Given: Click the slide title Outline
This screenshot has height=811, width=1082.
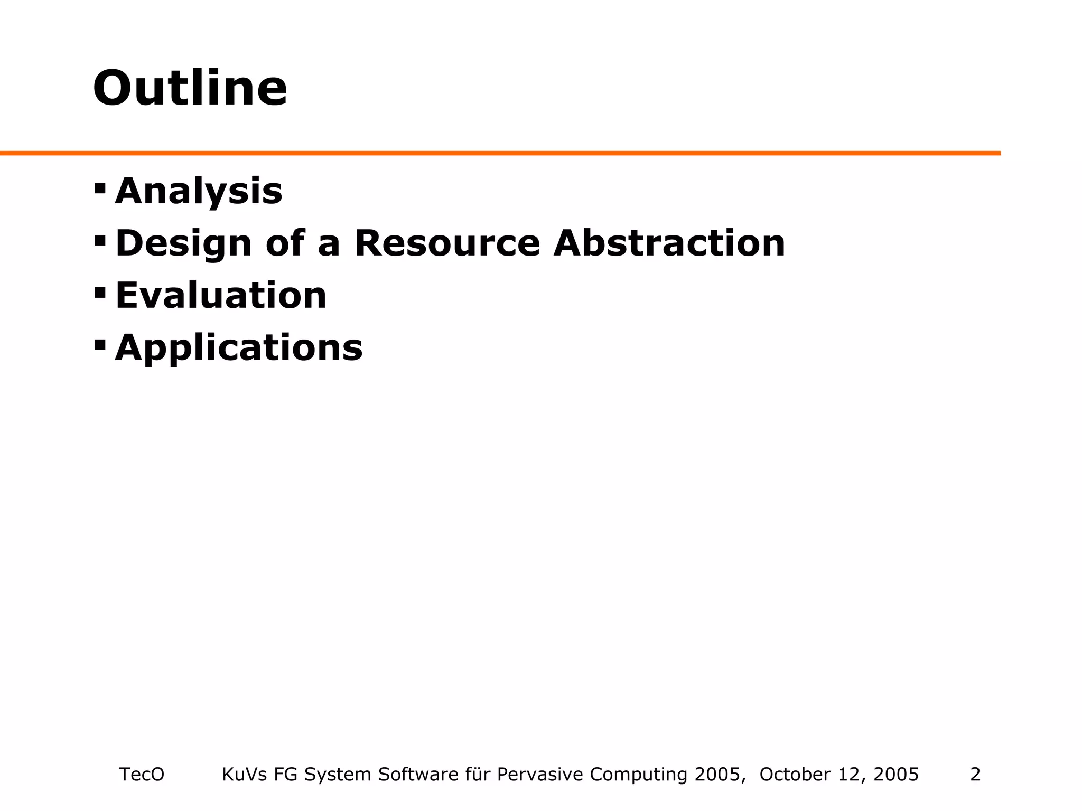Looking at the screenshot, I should (190, 88).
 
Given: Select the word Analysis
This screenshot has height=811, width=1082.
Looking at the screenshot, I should (199, 191).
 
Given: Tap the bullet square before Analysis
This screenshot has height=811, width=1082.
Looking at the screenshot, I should (100, 188).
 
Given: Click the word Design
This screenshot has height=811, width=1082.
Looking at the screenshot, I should (183, 244).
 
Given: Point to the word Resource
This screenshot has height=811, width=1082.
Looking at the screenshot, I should (447, 243).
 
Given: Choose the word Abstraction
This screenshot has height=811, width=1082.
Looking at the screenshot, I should (669, 243).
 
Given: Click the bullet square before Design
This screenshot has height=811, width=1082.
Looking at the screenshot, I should (100, 241).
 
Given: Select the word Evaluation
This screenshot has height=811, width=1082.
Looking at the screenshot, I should (221, 295).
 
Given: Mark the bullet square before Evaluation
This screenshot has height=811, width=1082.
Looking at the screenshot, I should (100, 293).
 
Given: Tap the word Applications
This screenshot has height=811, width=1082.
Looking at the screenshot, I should (239, 348).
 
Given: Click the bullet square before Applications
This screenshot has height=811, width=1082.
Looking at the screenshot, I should (100, 345).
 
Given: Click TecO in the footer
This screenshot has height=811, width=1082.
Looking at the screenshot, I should (142, 774).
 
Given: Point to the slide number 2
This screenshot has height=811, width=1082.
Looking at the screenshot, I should (975, 774).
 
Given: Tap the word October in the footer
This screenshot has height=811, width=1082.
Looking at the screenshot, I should (793, 774).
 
